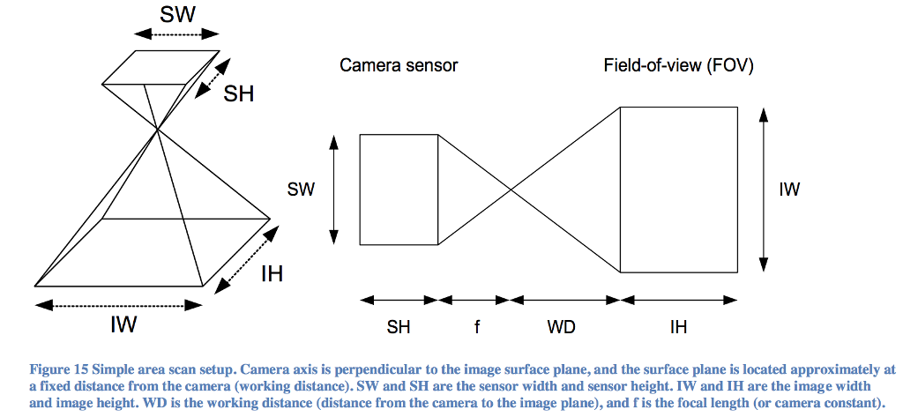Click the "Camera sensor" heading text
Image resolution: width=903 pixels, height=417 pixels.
coord(399,65)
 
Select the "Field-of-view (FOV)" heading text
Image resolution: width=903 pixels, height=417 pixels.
coord(678,65)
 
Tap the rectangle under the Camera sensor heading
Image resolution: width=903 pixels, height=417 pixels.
coord(399,190)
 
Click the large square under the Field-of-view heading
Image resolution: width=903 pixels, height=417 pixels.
coord(678,190)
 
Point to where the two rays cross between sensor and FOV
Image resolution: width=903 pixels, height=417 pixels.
coord(510,190)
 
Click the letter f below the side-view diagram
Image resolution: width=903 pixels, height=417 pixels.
coord(477,327)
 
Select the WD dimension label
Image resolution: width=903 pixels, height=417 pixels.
coord(561,327)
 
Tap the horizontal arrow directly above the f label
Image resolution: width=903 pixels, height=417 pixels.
coord(474,300)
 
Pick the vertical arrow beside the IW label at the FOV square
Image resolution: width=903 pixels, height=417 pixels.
coord(764,190)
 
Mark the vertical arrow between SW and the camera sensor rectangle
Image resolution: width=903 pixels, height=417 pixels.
coord(333,190)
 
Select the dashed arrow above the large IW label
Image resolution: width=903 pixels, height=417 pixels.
coord(118,305)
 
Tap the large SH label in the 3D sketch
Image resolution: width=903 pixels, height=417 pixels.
coord(238,93)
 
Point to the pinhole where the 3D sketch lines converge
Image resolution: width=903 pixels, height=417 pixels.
coord(158,130)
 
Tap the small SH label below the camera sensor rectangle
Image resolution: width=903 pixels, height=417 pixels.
coord(399,327)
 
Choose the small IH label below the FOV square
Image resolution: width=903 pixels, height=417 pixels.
coord(678,327)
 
